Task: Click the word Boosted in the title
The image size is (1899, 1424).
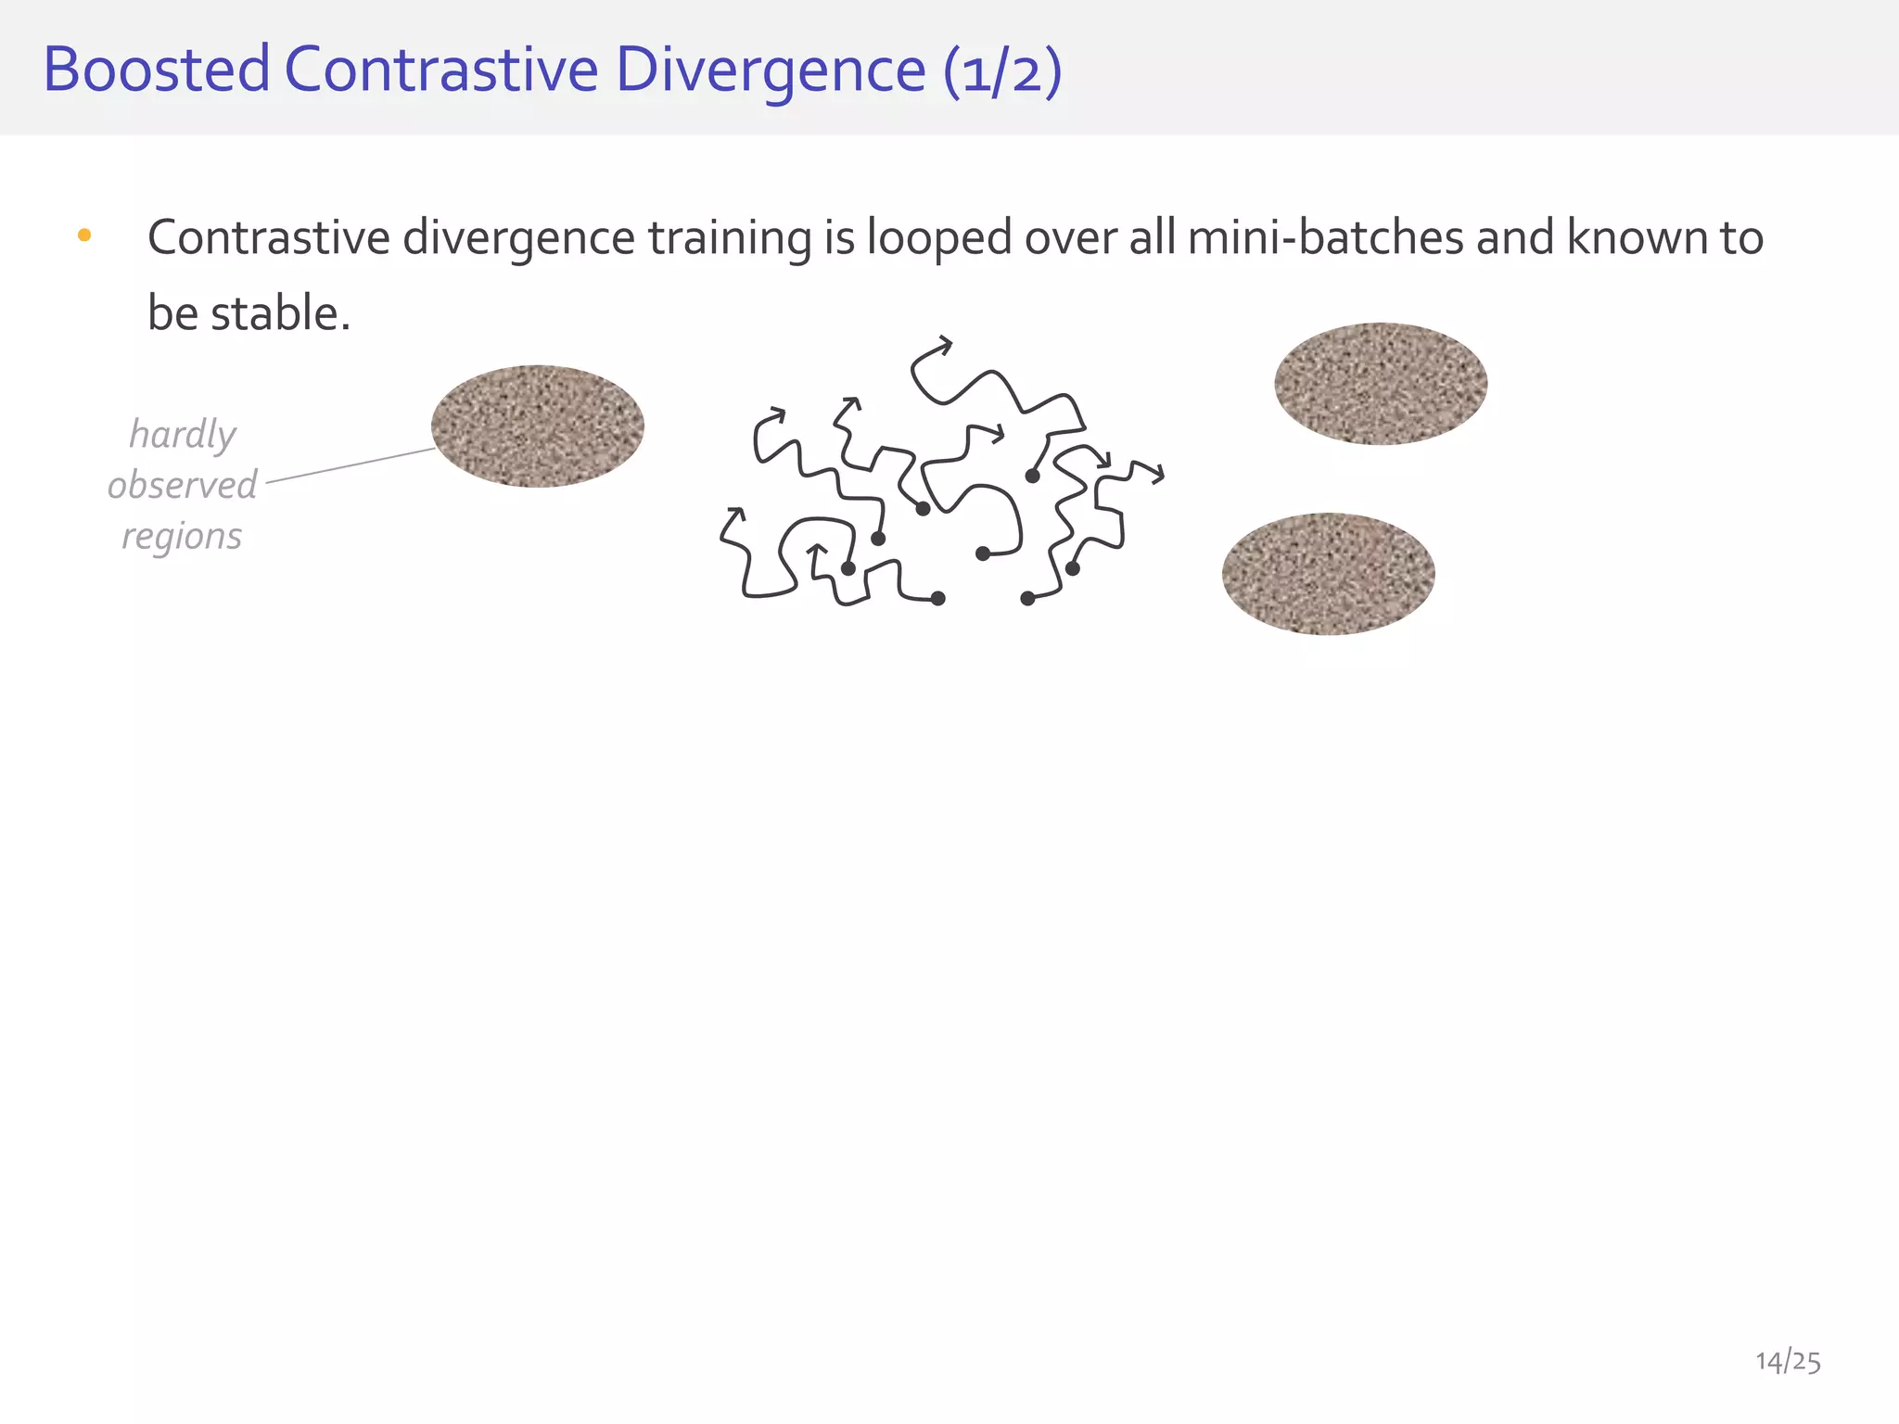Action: tap(156, 70)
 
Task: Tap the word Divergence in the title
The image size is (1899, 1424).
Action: tap(770, 70)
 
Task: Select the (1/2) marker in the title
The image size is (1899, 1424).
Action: tap(1002, 71)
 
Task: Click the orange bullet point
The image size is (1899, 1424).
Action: tap(84, 235)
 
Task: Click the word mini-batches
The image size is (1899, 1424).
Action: tap(1325, 237)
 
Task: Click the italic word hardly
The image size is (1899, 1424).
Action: tap(183, 435)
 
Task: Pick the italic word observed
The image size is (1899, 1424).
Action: tap(183, 485)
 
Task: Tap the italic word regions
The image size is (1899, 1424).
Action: tap(183, 536)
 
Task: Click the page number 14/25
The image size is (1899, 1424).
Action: tap(1788, 1361)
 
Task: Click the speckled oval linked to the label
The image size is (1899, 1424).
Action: tap(538, 426)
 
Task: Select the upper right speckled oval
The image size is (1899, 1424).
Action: tap(1381, 384)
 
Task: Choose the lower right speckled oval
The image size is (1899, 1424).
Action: tap(1328, 574)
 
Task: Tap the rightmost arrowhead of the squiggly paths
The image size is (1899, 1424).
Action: tap(1158, 476)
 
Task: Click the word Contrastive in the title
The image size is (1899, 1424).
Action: tap(441, 70)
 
